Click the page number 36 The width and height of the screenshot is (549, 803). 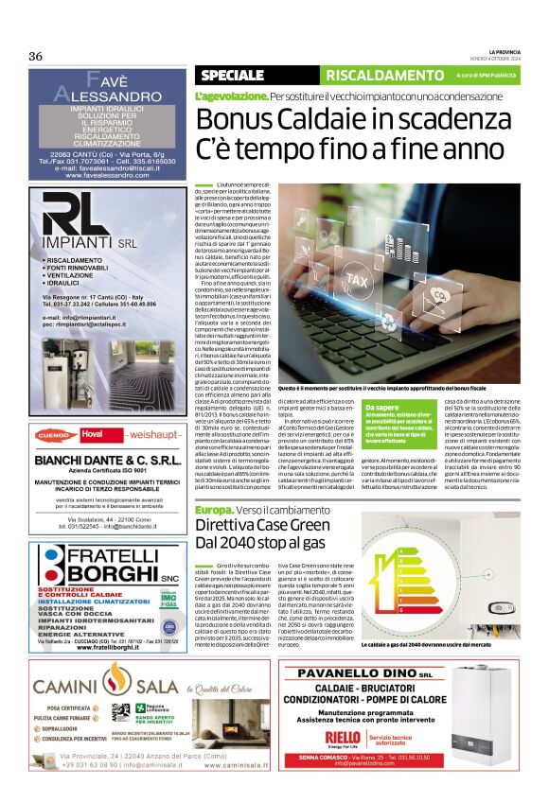tap(35, 56)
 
